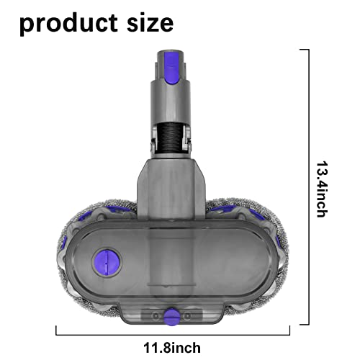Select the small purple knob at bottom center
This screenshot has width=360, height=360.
point(172,315)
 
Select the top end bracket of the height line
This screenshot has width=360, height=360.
point(304,50)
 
